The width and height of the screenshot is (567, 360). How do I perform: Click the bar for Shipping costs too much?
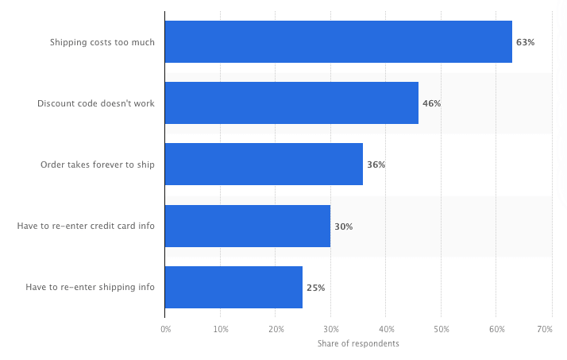click(338, 42)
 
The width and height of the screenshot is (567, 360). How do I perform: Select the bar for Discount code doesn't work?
click(291, 103)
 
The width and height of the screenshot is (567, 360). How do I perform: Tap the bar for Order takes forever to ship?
click(264, 165)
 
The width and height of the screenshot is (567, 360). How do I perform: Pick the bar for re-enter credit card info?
click(248, 226)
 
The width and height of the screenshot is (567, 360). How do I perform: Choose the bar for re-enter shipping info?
click(233, 288)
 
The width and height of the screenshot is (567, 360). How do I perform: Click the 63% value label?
click(525, 42)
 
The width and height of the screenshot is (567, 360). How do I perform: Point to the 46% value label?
click(431, 103)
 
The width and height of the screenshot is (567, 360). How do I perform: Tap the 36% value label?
click(376, 165)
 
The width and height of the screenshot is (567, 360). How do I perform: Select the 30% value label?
click(343, 226)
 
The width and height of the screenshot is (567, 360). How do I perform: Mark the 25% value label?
click(315, 288)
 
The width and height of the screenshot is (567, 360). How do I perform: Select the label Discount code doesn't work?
click(96, 103)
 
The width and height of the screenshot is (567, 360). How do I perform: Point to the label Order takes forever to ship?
click(98, 165)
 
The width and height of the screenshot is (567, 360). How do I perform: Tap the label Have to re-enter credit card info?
click(86, 226)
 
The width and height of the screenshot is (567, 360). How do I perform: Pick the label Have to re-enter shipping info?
click(90, 288)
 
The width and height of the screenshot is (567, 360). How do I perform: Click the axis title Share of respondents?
click(358, 343)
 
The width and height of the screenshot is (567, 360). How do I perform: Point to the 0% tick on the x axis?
click(165, 328)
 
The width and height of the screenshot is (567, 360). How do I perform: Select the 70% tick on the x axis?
click(545, 328)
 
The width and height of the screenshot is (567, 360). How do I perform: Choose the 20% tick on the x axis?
click(276, 328)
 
